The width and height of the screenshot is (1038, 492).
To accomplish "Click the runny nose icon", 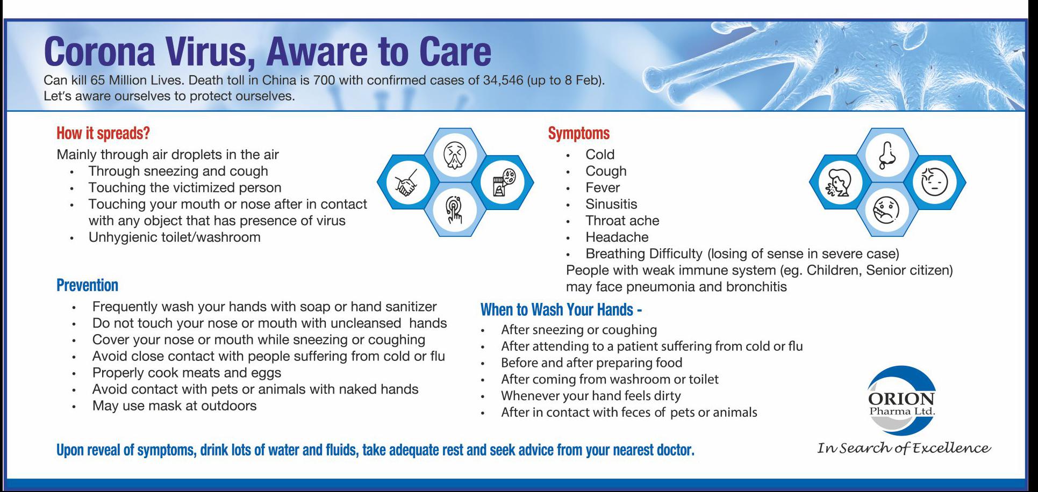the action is (x=887, y=155).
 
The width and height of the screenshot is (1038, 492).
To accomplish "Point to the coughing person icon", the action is (x=839, y=183).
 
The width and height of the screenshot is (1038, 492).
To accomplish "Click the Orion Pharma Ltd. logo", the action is (x=901, y=400).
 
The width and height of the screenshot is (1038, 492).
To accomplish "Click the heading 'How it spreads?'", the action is (x=103, y=133).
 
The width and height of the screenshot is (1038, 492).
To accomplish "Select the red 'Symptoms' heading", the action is (x=579, y=133).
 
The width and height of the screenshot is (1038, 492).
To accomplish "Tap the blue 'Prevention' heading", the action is (x=87, y=285).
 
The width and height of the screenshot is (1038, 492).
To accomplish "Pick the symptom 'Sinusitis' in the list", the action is (x=611, y=204).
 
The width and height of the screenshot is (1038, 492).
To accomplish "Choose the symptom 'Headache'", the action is (x=617, y=237).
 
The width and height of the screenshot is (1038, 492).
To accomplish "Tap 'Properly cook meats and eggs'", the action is (x=187, y=373).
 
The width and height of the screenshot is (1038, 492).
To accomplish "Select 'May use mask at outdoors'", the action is (x=174, y=406).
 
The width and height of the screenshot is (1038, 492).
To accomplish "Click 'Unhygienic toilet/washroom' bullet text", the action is (x=175, y=237).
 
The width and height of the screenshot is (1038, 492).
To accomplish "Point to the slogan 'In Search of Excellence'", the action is (x=904, y=448).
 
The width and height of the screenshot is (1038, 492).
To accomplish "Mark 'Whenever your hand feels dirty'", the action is (x=591, y=396).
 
